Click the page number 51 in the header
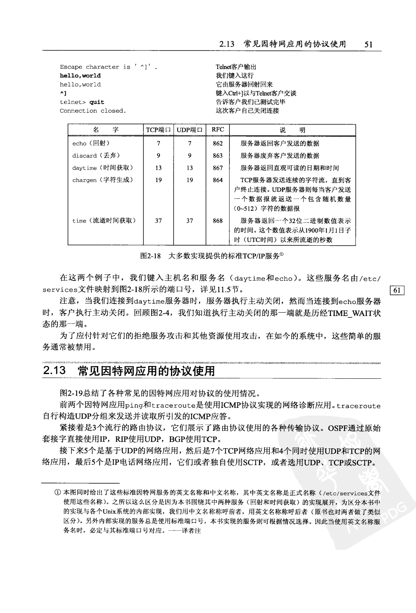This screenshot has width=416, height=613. [368, 44]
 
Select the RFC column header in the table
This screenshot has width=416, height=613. [218, 130]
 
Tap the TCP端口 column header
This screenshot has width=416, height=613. [158, 130]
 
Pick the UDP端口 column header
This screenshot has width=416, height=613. [190, 130]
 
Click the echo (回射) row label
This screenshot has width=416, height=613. [91, 143]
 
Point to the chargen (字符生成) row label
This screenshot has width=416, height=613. [102, 180]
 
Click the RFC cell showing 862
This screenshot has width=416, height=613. [218, 143]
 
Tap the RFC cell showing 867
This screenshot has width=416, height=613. [218, 168]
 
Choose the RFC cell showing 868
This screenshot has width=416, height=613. [218, 221]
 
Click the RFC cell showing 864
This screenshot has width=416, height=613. [218, 180]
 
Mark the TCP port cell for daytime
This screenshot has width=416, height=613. [158, 168]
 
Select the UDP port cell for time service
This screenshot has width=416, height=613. [190, 221]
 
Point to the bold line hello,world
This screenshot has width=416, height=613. [80, 76]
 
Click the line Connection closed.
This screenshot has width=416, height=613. [93, 111]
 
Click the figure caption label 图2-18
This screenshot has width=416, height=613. [149, 256]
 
